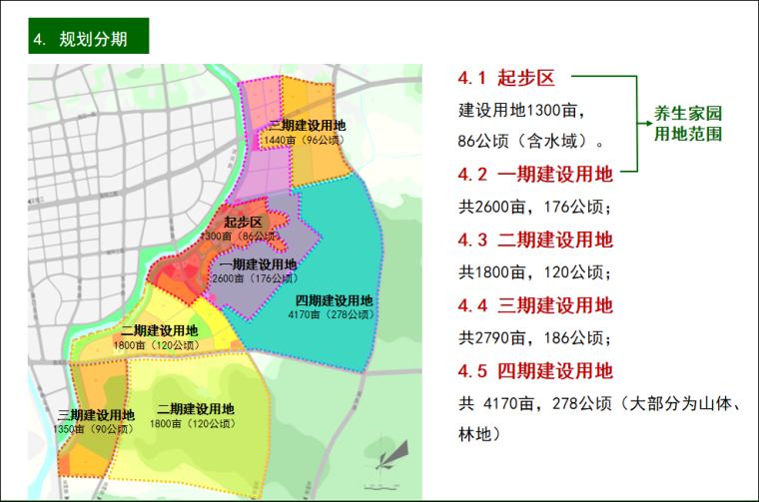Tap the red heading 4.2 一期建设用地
pyautogui.click(x=535, y=174)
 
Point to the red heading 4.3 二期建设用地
pyautogui.click(x=535, y=240)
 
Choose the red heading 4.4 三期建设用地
pyautogui.click(x=535, y=305)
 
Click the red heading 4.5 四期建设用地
pyautogui.click(x=535, y=371)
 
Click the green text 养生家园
pyautogui.click(x=688, y=113)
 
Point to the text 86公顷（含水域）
pyautogui.click(x=529, y=141)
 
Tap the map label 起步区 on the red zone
pyautogui.click(x=243, y=222)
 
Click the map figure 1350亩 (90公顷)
pyautogui.click(x=96, y=429)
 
